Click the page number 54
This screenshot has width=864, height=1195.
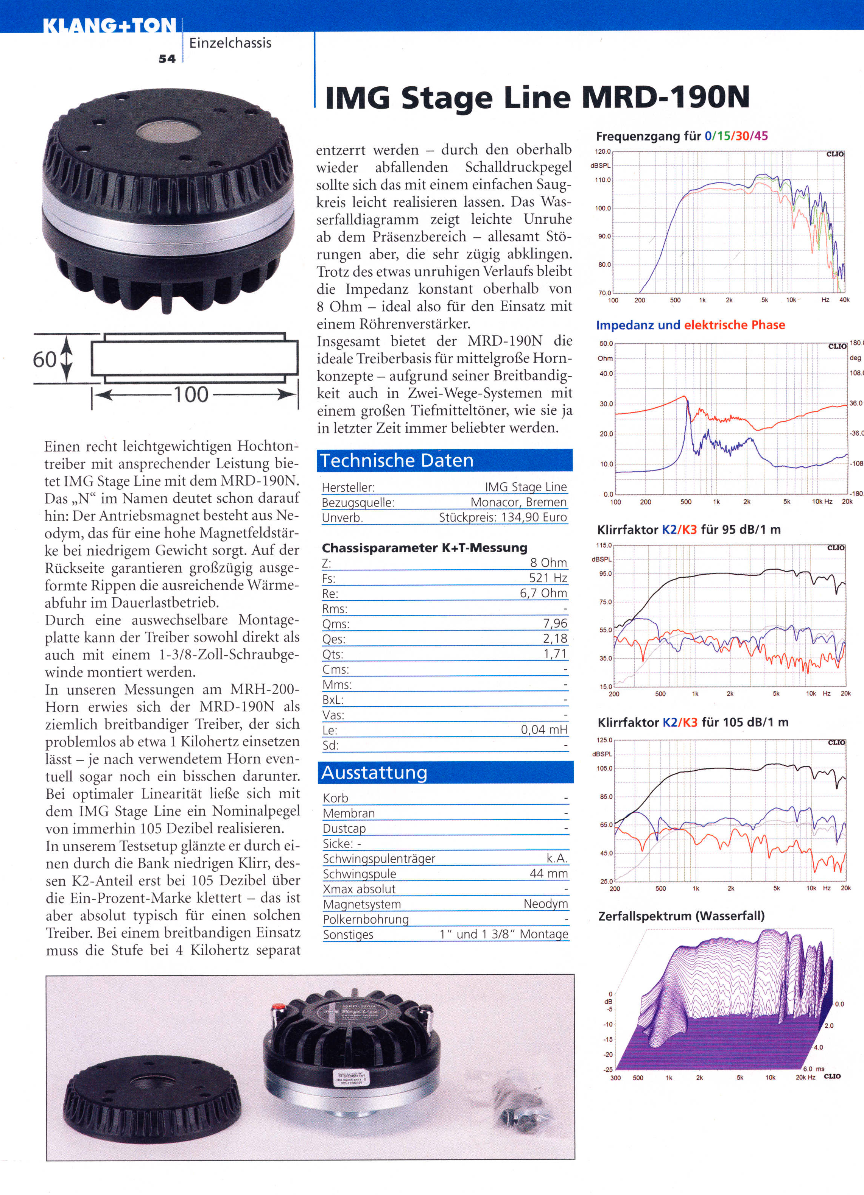[x=167, y=59]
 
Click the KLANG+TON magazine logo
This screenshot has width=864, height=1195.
[x=109, y=26]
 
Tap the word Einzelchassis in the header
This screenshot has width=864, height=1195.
[x=230, y=43]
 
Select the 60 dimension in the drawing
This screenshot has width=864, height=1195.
[x=44, y=360]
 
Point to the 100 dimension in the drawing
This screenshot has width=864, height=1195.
[x=191, y=394]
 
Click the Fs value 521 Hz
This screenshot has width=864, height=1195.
[x=548, y=578]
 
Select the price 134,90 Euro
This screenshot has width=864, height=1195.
[x=534, y=517]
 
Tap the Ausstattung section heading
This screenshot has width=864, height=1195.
[x=374, y=773]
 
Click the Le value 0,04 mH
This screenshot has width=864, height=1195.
[x=544, y=730]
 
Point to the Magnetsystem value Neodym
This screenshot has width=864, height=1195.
[x=546, y=904]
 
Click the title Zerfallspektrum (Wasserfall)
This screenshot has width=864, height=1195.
[x=681, y=916]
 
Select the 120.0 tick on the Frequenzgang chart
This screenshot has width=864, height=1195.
[x=603, y=152]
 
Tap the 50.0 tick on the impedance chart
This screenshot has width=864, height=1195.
[x=606, y=344]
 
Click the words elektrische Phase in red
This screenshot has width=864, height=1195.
[x=735, y=325]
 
